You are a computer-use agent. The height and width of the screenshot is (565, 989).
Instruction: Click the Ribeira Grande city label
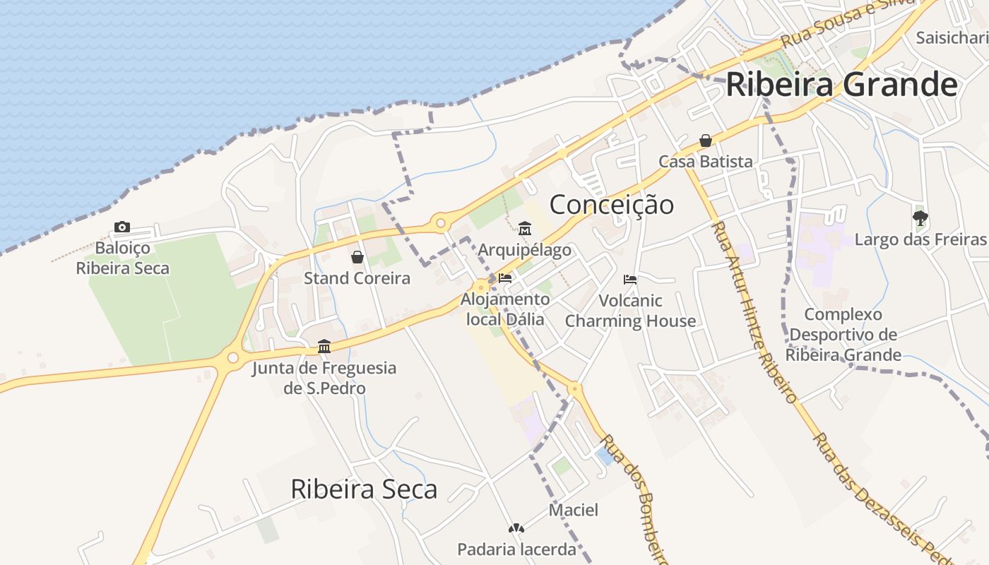841,85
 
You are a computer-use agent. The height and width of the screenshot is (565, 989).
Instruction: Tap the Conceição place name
612,205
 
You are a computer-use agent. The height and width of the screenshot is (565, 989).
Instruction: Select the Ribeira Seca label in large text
364,489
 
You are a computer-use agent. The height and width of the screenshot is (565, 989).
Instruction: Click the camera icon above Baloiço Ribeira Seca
122,227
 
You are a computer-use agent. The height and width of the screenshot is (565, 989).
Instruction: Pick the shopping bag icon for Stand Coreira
357,257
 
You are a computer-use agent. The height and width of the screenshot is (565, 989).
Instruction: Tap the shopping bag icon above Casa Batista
706,141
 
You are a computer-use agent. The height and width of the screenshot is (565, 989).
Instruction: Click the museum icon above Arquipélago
525,229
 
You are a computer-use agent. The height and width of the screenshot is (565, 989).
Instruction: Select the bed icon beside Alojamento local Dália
504,278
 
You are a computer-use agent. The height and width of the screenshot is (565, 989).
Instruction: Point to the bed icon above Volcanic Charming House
630,280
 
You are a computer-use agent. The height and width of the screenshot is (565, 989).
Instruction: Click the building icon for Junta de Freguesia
324,346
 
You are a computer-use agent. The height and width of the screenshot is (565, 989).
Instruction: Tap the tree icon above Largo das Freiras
920,218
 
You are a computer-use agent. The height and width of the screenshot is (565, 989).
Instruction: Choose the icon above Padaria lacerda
516,528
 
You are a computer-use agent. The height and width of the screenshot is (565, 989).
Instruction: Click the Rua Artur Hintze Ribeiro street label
754,311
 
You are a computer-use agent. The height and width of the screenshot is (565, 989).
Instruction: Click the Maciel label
574,510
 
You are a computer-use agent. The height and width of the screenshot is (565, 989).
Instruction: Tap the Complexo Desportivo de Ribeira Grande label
844,334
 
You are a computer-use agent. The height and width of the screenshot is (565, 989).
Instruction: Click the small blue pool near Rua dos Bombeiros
605,456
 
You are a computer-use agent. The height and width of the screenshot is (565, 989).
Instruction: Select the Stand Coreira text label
357,278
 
